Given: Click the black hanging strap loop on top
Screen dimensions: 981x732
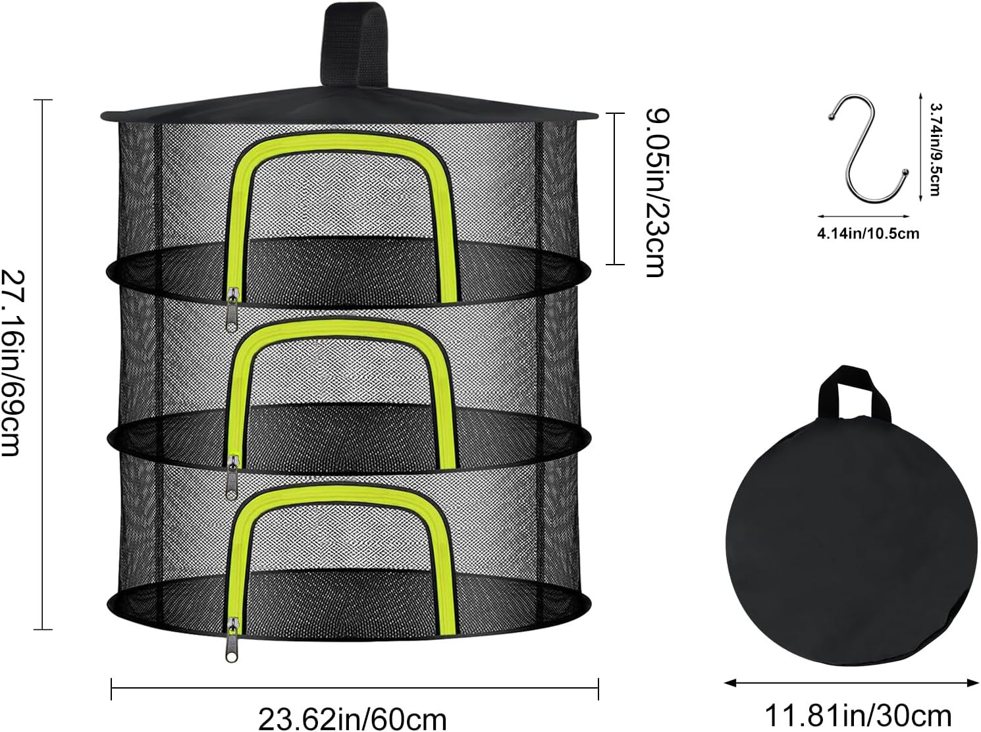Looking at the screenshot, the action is [354, 45].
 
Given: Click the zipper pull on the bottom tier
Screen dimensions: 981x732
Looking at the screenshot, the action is [232, 639].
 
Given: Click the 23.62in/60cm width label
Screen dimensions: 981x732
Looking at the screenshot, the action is [353, 719].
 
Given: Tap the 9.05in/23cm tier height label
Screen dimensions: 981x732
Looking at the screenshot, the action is [659, 192].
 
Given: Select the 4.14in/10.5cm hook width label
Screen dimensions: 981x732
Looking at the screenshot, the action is [868, 234].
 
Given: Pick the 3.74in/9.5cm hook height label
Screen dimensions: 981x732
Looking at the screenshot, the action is [935, 149].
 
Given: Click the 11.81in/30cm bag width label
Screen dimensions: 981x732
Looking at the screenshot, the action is [859, 716].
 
